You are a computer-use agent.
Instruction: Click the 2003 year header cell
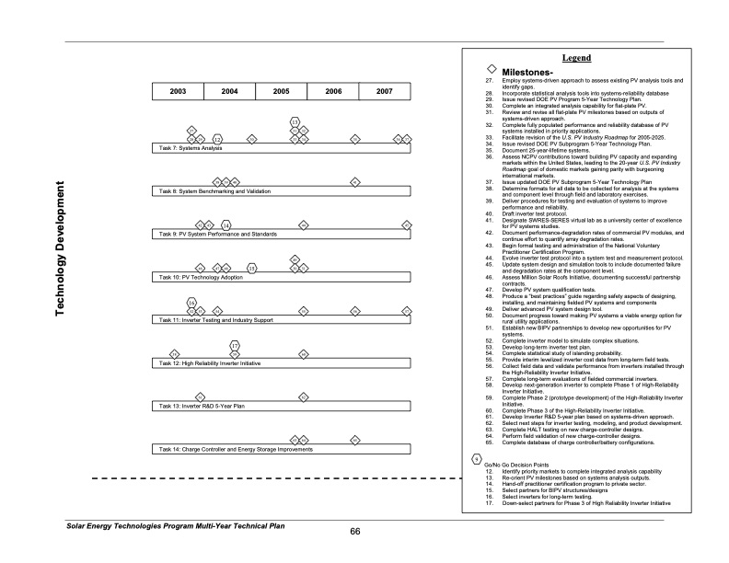178,92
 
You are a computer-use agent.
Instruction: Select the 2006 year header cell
333,92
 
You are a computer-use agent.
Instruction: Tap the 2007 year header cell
385,92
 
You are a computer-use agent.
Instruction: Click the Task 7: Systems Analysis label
191,147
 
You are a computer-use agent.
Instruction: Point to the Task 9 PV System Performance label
218,235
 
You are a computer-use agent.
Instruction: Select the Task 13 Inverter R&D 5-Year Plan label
202,405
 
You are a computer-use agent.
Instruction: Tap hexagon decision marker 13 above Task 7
295,121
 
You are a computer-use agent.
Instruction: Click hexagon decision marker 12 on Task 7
217,139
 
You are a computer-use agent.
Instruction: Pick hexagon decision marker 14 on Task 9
226,224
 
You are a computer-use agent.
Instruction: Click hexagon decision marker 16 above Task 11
191,302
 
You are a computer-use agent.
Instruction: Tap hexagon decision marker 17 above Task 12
235,345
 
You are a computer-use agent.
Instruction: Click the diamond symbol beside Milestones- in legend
492,70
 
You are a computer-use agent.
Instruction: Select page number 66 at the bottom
355,531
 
